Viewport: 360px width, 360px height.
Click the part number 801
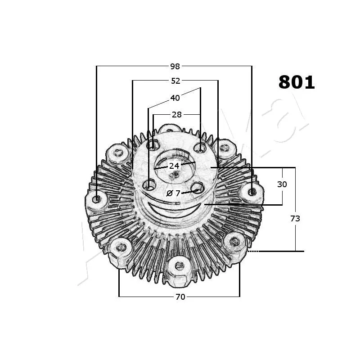coord(297,82)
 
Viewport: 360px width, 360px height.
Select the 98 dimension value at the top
coord(175,67)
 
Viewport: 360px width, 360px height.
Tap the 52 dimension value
coord(175,81)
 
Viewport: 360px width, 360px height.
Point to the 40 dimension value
coord(175,98)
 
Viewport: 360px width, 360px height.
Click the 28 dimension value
coord(177,115)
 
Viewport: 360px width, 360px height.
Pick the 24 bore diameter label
coord(174,166)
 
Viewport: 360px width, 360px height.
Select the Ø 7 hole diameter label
coord(173,193)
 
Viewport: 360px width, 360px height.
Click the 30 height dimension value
coord(282,184)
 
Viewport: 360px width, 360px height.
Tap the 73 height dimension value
coord(295,218)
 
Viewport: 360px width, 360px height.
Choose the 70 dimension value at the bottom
coord(180,297)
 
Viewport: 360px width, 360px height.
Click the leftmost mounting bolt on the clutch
coord(97,198)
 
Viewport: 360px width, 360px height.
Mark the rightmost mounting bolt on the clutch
coord(252,192)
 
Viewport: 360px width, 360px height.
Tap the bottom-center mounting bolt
coord(179,265)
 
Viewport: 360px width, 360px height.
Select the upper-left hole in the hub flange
coord(153,145)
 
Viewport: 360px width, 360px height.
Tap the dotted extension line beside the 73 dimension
coord(253,251)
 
